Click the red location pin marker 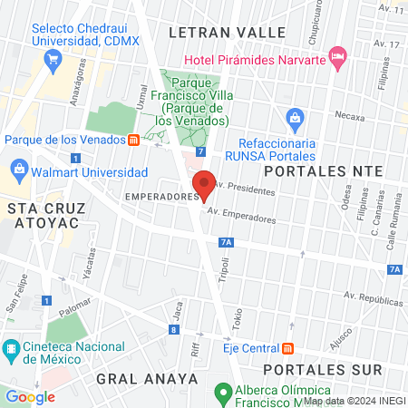coord(205,185)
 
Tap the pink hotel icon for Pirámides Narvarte coord(338,59)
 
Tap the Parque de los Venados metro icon coord(133,140)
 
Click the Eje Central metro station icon coord(288,348)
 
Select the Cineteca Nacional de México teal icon coord(11,348)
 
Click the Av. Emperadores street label coord(241,219)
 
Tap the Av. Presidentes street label coord(246,189)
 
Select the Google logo coord(31,396)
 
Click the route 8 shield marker coord(172,329)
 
